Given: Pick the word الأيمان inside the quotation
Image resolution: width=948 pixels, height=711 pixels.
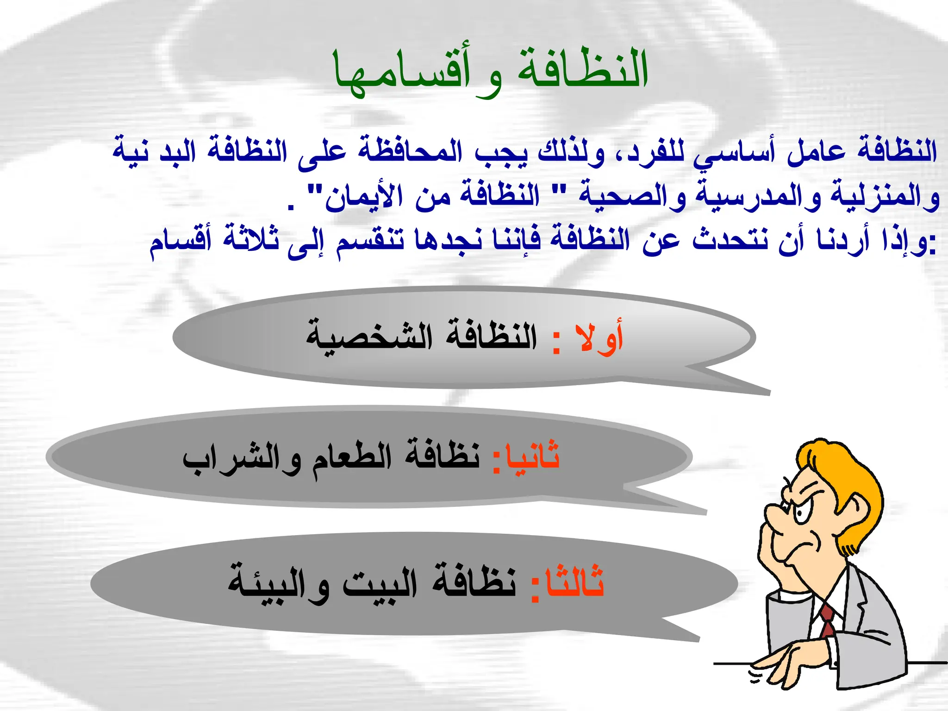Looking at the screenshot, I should click(x=363, y=197).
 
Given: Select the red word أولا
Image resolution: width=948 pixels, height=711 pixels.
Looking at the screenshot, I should click(x=599, y=338).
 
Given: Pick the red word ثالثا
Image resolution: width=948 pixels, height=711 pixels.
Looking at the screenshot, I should click(x=574, y=581).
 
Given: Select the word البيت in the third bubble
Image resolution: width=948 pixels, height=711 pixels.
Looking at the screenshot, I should click(x=380, y=581).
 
